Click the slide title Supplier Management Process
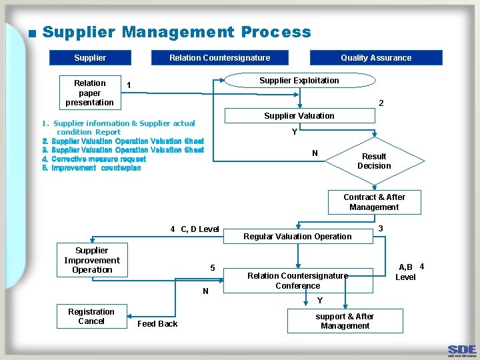point(177,32)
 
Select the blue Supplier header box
point(90,58)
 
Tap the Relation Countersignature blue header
point(219,58)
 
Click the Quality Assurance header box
point(376,58)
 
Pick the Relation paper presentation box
point(90,93)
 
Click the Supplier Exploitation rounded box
point(299,81)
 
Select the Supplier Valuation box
point(299,116)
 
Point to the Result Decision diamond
point(374,161)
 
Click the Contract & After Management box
point(374,202)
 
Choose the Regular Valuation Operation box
point(297,237)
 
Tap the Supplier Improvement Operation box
point(92,261)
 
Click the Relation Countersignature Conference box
point(297,281)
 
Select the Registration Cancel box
point(91,317)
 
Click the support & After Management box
point(345,321)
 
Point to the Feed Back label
point(157,324)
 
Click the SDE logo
point(461,350)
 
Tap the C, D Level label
point(199,229)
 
